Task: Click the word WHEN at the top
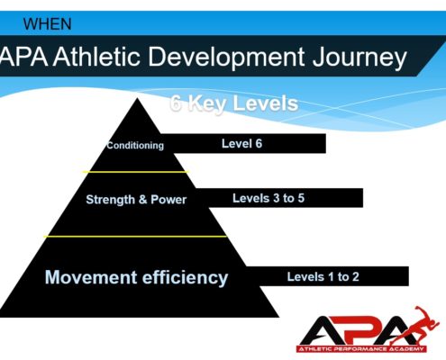click(x=48, y=24)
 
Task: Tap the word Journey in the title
click(x=360, y=58)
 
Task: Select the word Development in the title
click(x=226, y=58)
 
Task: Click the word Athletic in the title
click(x=96, y=56)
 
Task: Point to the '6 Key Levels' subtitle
click(x=234, y=103)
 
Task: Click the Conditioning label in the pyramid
click(x=135, y=145)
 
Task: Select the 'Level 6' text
click(x=241, y=143)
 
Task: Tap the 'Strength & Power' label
click(x=136, y=200)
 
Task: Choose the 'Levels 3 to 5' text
click(x=269, y=198)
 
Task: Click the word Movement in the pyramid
click(x=91, y=277)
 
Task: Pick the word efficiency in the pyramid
click(x=185, y=278)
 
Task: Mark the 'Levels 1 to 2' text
click(x=323, y=276)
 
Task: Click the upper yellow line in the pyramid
click(x=136, y=172)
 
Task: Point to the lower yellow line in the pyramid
click(x=135, y=237)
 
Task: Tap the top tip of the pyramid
click(x=137, y=98)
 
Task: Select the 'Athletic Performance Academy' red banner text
click(x=361, y=349)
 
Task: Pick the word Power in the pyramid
click(x=168, y=200)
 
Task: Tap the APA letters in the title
click(x=24, y=56)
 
